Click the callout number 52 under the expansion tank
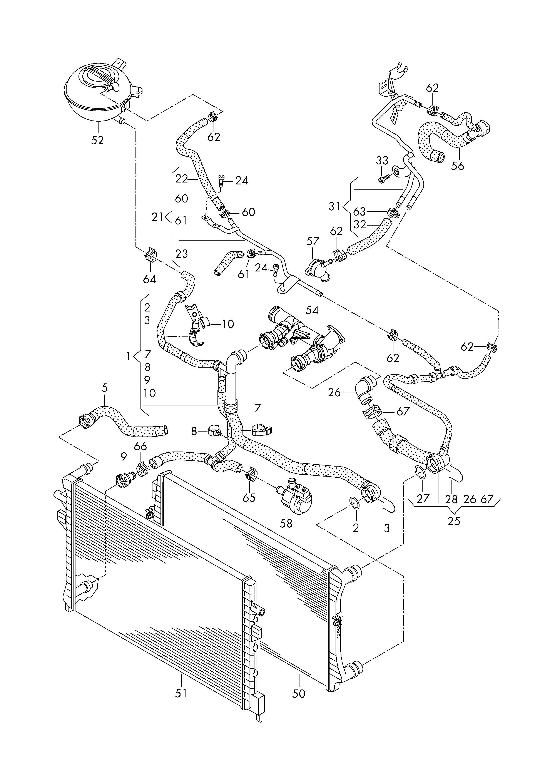point(97,140)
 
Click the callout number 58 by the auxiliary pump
point(286,523)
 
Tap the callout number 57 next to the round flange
point(313,241)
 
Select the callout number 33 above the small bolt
point(382,161)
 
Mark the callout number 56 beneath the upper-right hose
point(458,166)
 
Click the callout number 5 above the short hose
point(105,388)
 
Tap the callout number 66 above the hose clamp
point(140,447)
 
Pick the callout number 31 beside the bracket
point(335,206)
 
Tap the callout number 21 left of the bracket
point(158,217)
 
